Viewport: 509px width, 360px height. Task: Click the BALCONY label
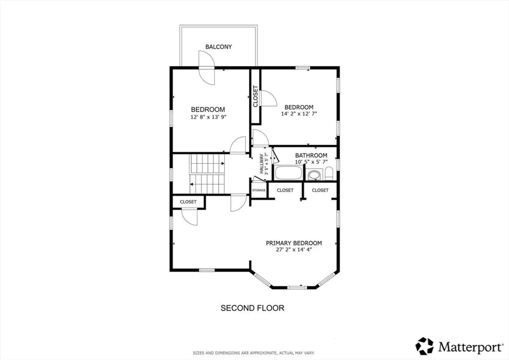click(219, 47)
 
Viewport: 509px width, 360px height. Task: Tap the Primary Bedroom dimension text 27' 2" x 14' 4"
click(294, 250)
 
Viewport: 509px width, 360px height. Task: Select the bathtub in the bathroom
click(288, 173)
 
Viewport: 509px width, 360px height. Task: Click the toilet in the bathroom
click(329, 173)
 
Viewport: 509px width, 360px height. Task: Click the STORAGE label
click(259, 190)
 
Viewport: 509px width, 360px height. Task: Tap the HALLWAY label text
click(261, 164)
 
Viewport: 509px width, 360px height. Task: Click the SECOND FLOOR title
click(253, 308)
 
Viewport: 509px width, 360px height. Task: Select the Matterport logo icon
click(424, 346)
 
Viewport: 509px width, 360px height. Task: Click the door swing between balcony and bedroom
click(207, 68)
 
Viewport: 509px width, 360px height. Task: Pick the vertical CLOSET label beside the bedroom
click(255, 96)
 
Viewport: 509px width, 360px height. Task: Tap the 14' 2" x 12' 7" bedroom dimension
click(299, 114)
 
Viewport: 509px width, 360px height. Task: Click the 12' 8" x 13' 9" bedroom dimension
click(209, 117)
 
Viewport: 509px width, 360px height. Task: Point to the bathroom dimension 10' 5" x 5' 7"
click(311, 162)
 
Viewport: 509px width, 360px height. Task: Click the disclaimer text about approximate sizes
click(254, 353)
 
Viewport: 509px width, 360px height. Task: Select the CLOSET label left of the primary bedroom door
click(188, 202)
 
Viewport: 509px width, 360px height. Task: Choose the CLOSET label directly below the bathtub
click(285, 190)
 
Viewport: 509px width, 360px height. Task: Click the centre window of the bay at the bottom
click(297, 288)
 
